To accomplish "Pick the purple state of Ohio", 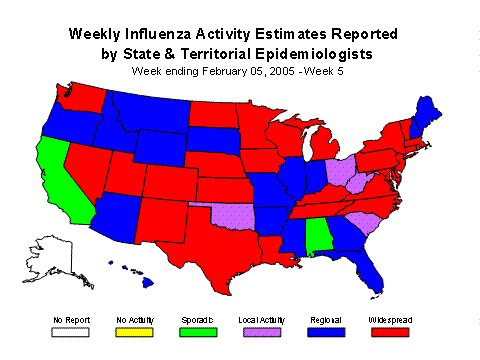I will coord(337,169).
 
